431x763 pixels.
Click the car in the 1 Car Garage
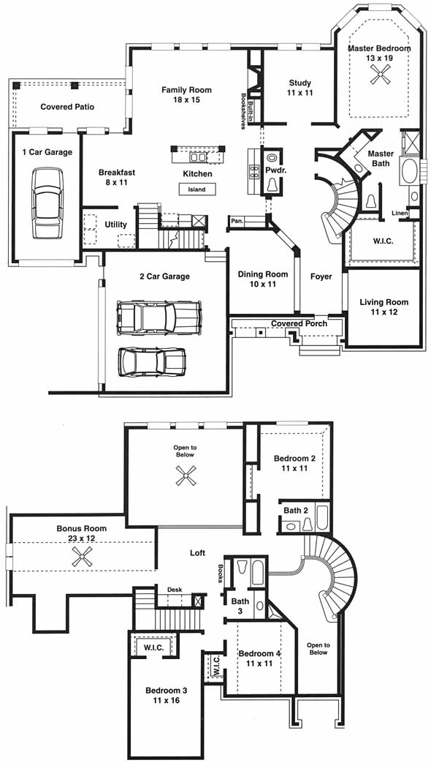[x=47, y=203]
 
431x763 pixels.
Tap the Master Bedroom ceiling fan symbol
[x=379, y=75]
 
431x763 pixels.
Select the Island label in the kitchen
[x=197, y=189]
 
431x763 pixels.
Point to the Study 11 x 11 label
[x=300, y=88]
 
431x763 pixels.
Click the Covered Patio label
[x=67, y=107]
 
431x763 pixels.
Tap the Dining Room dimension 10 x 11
[x=263, y=284]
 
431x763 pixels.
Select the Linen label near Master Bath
[x=399, y=213]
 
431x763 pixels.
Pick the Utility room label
[x=115, y=225]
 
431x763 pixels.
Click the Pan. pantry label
[x=237, y=221]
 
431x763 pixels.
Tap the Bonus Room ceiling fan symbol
[x=82, y=556]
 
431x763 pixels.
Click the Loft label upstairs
[x=197, y=553]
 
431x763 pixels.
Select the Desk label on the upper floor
[x=175, y=590]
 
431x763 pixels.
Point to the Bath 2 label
[x=296, y=511]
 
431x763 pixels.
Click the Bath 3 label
[x=240, y=606]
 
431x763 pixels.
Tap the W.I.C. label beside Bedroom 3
[x=153, y=647]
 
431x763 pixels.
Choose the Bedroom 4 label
[x=259, y=653]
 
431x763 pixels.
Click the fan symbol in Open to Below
[x=186, y=476]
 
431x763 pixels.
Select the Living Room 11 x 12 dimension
[x=384, y=312]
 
